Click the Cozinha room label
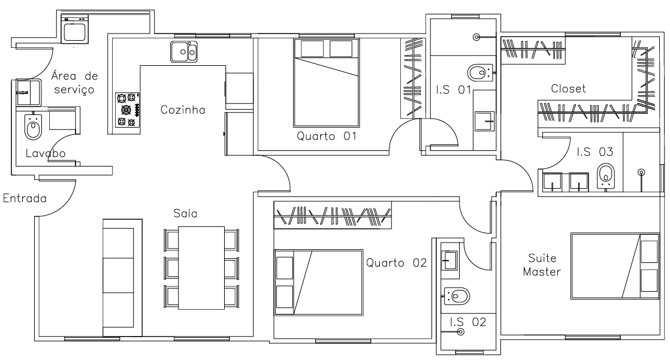(x=183, y=110)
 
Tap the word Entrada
(x=25, y=198)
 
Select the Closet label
(x=568, y=89)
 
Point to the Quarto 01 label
(x=327, y=137)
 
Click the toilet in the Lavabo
(x=33, y=126)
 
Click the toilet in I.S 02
(x=457, y=295)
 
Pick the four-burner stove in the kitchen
(x=127, y=110)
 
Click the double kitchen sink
(x=183, y=52)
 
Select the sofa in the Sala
(x=122, y=276)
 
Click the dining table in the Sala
(x=201, y=267)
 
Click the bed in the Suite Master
(x=614, y=265)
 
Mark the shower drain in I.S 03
(x=641, y=174)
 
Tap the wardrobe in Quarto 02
(x=333, y=215)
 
